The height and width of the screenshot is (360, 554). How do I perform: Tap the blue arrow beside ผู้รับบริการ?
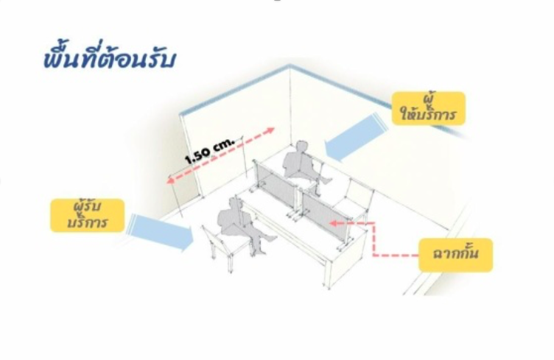161,232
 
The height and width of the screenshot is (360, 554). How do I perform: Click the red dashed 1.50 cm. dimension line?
221,156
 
